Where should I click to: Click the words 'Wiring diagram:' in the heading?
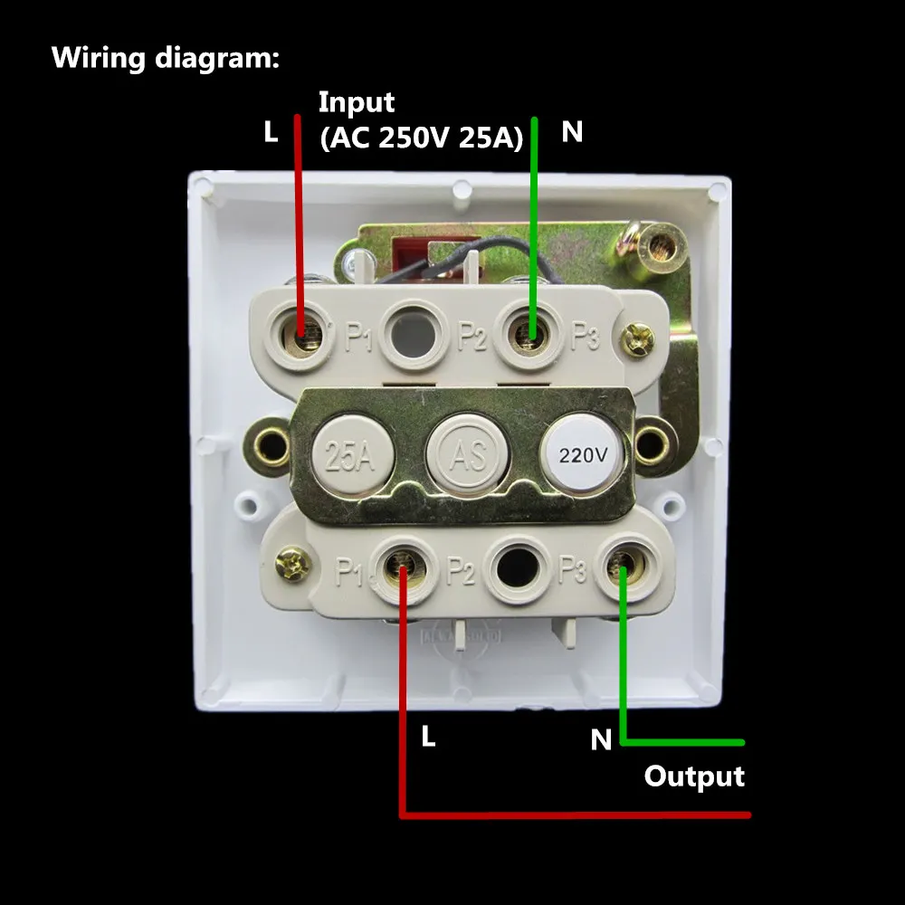tap(166, 58)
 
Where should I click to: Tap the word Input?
tap(357, 102)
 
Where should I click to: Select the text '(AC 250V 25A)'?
tap(421, 138)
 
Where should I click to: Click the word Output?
tap(694, 776)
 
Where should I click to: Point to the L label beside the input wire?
tap(271, 133)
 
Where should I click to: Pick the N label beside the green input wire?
tap(572, 133)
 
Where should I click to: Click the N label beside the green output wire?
tap(601, 740)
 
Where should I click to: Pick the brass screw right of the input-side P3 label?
tap(640, 340)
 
